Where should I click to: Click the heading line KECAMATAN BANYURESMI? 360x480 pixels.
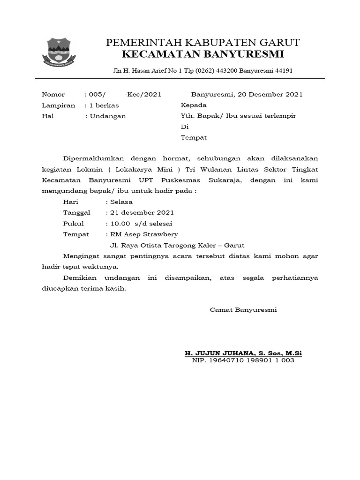click(x=203, y=55)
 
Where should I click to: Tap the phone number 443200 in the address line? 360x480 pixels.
click(x=225, y=71)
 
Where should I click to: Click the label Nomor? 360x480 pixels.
click(x=53, y=94)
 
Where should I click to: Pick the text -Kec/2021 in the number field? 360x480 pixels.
click(x=143, y=94)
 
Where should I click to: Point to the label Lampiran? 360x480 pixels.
click(x=58, y=105)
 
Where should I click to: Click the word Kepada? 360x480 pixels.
click(x=194, y=105)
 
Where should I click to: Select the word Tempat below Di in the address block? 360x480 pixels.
click(x=194, y=138)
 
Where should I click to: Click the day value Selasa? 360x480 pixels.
click(x=121, y=202)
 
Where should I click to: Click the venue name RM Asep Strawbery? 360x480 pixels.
click(x=143, y=234)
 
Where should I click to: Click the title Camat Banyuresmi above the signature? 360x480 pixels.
click(x=243, y=310)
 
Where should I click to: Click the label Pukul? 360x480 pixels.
click(x=73, y=224)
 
